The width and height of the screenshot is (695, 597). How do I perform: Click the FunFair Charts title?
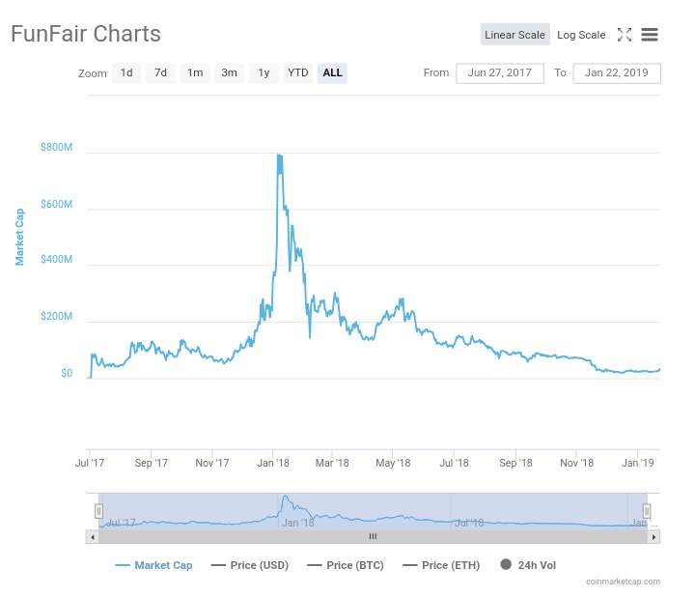pos(86,34)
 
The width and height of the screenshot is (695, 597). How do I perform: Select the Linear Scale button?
pos(514,35)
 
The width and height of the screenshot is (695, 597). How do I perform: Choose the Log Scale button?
pos(581,35)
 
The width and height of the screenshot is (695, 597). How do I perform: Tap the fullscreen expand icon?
pos(625,35)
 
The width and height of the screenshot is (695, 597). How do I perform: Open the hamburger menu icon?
pos(650,35)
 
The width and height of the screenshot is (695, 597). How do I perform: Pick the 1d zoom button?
pos(126,73)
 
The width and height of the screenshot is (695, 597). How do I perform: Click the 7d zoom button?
pos(160,73)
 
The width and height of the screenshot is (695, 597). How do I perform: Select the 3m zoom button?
pos(229,73)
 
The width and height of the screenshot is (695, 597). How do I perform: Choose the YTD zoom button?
pos(297,73)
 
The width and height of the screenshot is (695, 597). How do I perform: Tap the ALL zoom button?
pos(332,73)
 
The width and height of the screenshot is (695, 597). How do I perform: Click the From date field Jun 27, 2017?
pos(499,73)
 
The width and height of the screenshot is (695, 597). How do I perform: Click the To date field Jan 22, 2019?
pos(616,73)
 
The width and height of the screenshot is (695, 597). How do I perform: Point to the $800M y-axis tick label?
pos(56,148)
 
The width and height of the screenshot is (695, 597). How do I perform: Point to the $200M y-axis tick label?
pos(56,317)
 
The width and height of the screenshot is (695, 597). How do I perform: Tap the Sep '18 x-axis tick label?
pos(515,463)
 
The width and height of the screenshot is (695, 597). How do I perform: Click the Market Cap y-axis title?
pos(19,237)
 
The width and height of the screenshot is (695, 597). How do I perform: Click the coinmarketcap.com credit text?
pos(623,582)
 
